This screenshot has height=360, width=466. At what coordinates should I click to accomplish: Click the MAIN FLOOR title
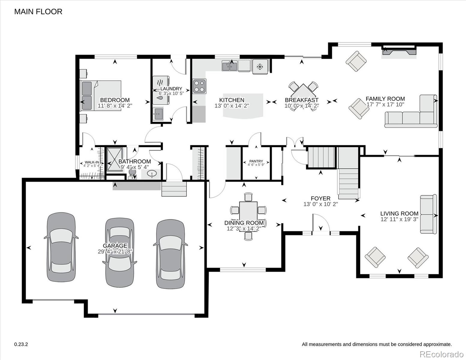click(38, 12)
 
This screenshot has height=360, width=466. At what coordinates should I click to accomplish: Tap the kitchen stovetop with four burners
click(199, 86)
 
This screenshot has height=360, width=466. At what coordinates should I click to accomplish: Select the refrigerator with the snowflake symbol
click(260, 67)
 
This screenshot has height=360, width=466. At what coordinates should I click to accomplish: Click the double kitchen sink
click(230, 66)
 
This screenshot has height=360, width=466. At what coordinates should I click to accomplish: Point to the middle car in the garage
click(120, 253)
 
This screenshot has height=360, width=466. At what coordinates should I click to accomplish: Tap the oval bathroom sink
click(152, 174)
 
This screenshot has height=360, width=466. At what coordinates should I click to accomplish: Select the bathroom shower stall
click(115, 160)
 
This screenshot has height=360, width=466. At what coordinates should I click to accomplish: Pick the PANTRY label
click(256, 161)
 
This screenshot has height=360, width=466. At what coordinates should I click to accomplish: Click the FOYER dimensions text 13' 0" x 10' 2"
click(320, 204)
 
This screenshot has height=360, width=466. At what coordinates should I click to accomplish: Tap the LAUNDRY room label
click(171, 88)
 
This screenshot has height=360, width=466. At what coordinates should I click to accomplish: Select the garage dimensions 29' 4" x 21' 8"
click(115, 251)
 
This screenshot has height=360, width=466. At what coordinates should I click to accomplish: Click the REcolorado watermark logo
click(442, 354)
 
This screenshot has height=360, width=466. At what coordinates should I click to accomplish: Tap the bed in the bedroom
click(100, 96)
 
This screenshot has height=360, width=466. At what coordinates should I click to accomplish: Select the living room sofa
click(428, 214)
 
